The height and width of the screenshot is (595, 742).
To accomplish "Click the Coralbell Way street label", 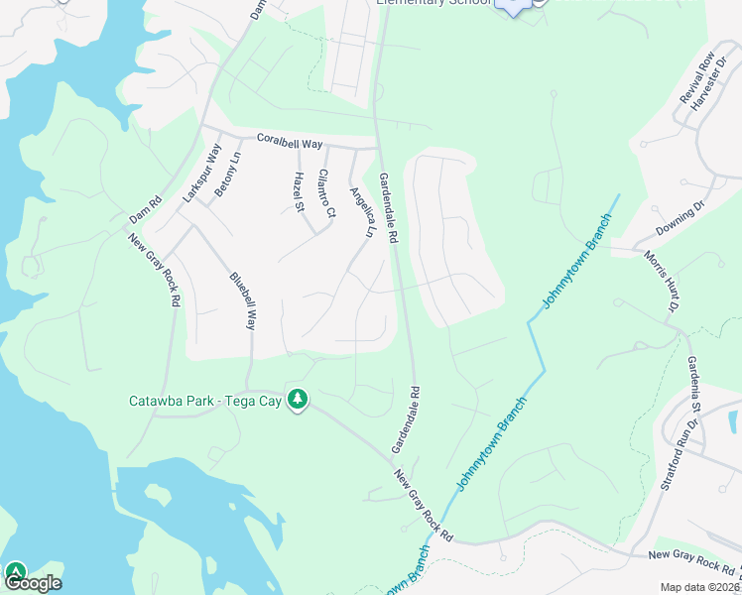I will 290,143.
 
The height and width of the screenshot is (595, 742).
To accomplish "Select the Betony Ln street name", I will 227,173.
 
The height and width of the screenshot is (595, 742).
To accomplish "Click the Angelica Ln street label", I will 362,210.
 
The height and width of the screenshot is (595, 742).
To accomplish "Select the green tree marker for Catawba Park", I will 297,400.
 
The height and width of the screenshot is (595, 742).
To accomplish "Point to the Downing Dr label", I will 680,222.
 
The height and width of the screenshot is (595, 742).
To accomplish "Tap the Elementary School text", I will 433,2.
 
